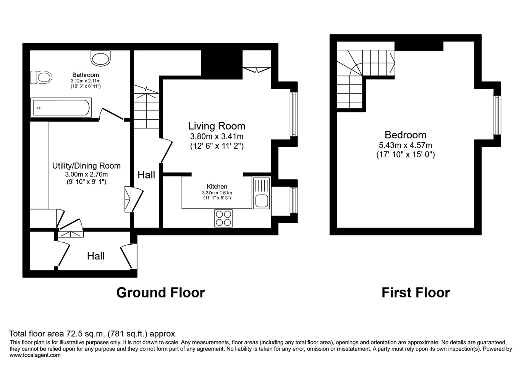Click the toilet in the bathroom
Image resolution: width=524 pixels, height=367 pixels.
click(x=41, y=77)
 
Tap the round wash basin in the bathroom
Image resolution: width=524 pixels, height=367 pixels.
click(x=100, y=58)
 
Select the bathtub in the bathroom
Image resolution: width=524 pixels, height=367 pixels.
click(x=61, y=107)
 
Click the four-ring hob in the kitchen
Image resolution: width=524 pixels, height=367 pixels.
click(x=223, y=218)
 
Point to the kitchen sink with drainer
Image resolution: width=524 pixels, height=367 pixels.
click(x=261, y=193)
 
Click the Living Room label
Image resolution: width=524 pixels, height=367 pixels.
click(x=217, y=126)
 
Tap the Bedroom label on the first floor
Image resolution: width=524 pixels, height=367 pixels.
click(x=405, y=135)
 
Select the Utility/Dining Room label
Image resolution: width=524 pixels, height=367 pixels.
click(x=86, y=166)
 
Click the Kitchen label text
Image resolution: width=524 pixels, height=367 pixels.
click(x=217, y=187)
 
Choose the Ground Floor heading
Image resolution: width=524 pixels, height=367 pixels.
click(x=160, y=293)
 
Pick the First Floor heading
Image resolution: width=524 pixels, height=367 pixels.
click(x=416, y=293)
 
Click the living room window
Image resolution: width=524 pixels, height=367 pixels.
click(x=294, y=114)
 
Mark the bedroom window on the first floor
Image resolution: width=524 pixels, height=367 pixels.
click(x=497, y=115)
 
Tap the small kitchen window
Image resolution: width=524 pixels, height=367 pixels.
click(x=294, y=200)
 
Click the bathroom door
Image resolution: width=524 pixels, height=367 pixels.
click(x=111, y=114)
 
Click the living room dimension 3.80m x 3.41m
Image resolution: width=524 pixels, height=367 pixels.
click(x=217, y=136)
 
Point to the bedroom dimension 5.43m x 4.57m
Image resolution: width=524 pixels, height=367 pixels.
click(x=405, y=145)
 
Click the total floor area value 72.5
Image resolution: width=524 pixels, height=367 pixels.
click(x=74, y=333)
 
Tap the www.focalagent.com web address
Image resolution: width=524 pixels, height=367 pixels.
click(x=35, y=355)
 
